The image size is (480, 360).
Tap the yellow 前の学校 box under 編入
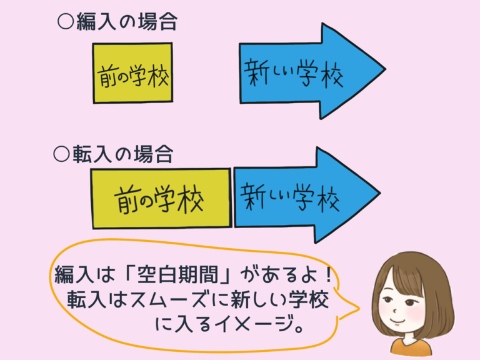click(x=132, y=73)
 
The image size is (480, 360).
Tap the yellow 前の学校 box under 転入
click(x=161, y=197)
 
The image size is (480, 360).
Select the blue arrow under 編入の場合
click(x=300, y=71)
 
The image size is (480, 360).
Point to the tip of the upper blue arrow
click(x=383, y=71)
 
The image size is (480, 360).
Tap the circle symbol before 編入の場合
click(x=64, y=23)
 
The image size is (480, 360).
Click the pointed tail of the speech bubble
click(x=359, y=307)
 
